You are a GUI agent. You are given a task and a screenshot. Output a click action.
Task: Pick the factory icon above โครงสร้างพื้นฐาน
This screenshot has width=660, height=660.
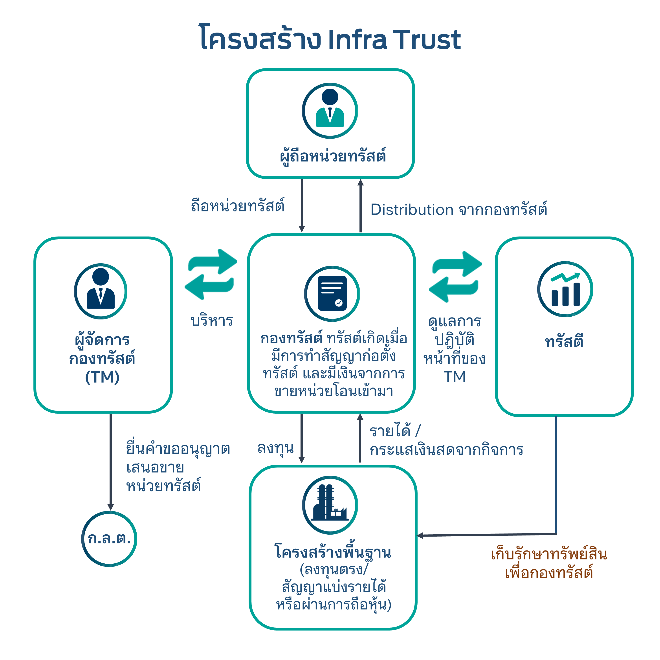pos(330,505)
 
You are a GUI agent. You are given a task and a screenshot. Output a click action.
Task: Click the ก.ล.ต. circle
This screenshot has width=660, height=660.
pos(109,539)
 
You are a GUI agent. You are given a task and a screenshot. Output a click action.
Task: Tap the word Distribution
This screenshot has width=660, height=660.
pos(412,210)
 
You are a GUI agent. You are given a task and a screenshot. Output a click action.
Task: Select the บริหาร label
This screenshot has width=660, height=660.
pos(212,321)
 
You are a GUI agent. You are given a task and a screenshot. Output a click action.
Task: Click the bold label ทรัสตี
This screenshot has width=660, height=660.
pos(564,341)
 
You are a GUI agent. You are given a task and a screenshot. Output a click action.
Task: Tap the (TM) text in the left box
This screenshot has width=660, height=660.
pos(102,377)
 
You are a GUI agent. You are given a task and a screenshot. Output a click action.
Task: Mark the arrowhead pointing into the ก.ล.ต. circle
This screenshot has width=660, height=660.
pos(111,507)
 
